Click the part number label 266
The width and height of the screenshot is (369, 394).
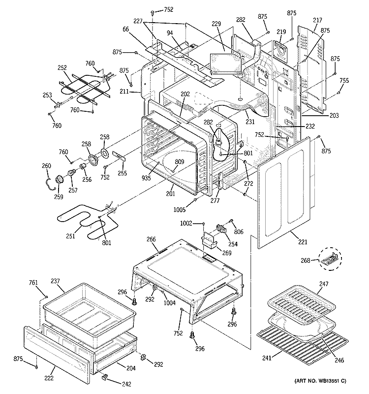[151, 239]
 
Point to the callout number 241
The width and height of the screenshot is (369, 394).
[266, 358]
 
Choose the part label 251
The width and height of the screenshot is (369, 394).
[71, 236]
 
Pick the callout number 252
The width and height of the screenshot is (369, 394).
[62, 68]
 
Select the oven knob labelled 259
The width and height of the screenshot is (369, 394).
[60, 179]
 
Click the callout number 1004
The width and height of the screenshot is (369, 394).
[169, 303]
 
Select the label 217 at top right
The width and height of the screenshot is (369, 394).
[317, 20]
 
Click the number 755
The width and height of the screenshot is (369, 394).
[344, 80]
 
